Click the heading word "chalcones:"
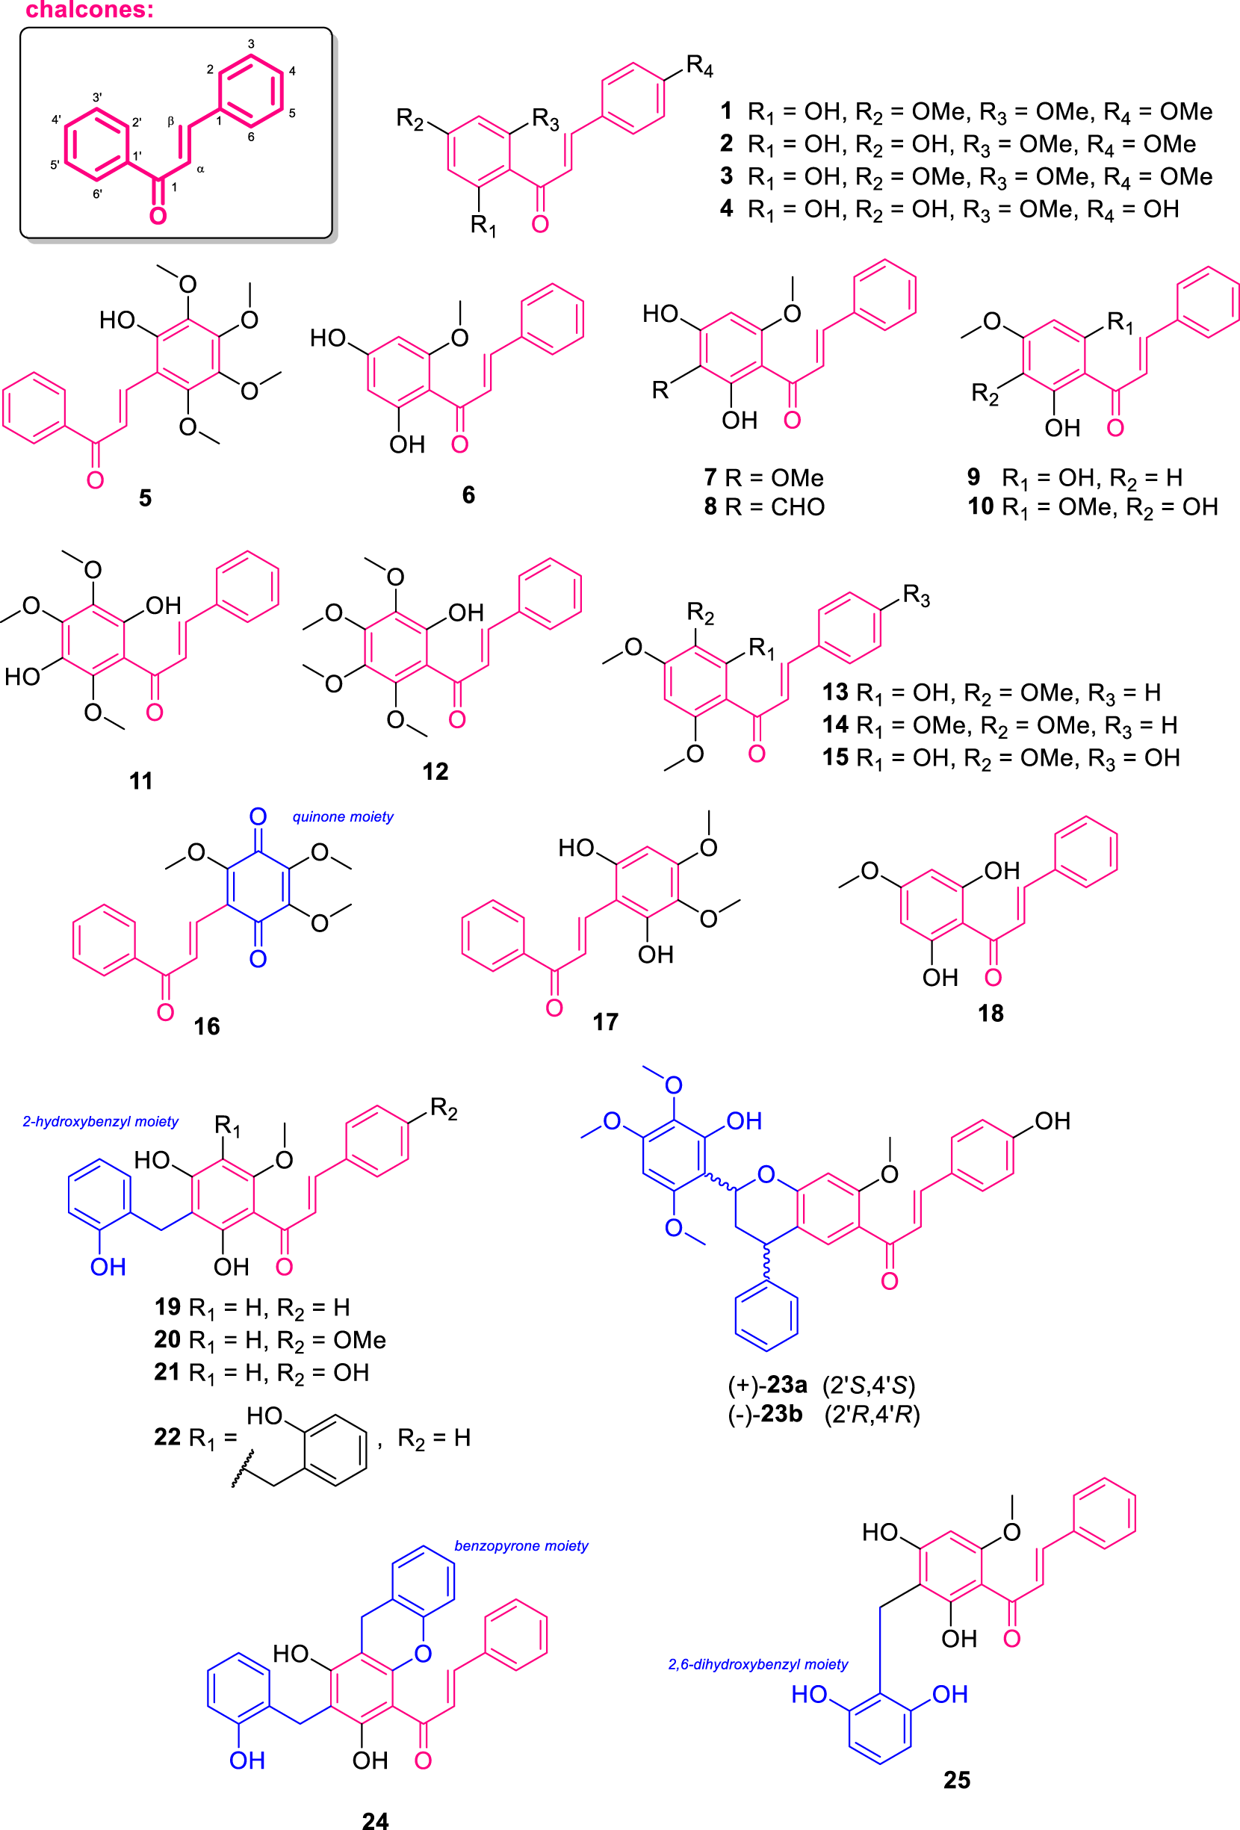click(x=90, y=10)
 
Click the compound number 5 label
click(x=145, y=497)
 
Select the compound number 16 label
click(x=207, y=1026)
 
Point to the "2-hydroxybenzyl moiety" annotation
click(x=100, y=1121)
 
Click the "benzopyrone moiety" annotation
click(x=521, y=1545)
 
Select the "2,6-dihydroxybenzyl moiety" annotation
click(x=757, y=1664)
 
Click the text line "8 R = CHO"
click(x=763, y=506)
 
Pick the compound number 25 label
click(x=957, y=1781)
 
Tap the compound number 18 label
click(x=991, y=1014)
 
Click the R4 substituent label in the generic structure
click(x=699, y=66)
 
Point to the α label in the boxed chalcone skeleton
click(x=201, y=170)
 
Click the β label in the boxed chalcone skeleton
click(x=170, y=121)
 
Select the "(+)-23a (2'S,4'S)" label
click(x=821, y=1385)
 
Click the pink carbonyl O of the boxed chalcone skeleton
click(x=158, y=215)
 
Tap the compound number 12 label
click(x=435, y=771)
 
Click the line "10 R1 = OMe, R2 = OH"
click(x=1093, y=507)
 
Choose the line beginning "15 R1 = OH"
click(x=1001, y=757)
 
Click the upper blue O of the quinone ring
click(x=258, y=816)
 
